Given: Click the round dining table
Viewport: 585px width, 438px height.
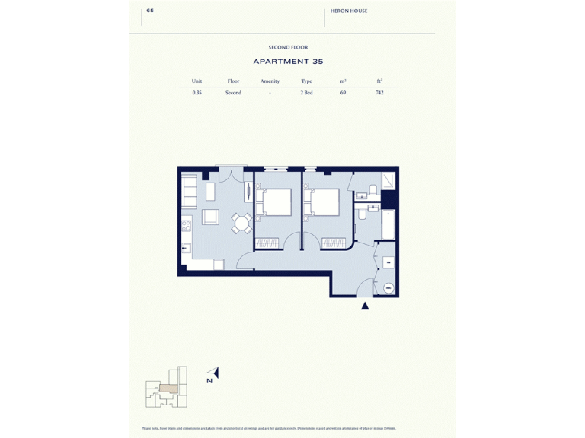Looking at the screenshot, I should coord(241,223).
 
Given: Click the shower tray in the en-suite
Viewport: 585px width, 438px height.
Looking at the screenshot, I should coord(388,180).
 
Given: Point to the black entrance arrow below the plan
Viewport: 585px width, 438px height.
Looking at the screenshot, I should coord(365,306).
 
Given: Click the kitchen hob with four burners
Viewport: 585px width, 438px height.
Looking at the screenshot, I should coord(185,226).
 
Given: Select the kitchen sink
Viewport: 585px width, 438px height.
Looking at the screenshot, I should coord(185,248).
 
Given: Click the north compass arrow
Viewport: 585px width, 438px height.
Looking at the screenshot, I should coord(215,373).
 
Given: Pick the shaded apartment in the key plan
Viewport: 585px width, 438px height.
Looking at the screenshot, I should coord(168,388).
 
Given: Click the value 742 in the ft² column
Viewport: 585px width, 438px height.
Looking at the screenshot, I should coord(379,93).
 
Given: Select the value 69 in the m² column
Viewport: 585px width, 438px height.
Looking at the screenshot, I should coord(343,93).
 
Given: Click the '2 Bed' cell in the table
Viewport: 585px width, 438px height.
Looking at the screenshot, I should coord(306,93).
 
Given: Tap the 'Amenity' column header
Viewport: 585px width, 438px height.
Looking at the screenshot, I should coord(270,81).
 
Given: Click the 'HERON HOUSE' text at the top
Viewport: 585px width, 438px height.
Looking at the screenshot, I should coord(349,11).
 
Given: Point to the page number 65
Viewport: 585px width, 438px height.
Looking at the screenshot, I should coord(150,11).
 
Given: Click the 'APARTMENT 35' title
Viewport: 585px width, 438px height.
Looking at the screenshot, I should coord(288,62).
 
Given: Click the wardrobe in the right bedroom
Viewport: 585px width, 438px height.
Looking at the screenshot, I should coord(333,243).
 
